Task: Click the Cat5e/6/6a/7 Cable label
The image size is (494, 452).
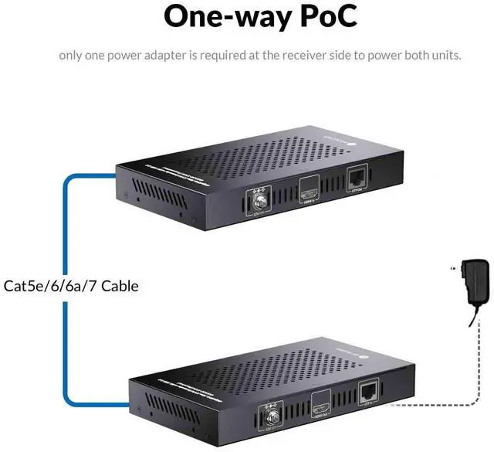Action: coord(72,286)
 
